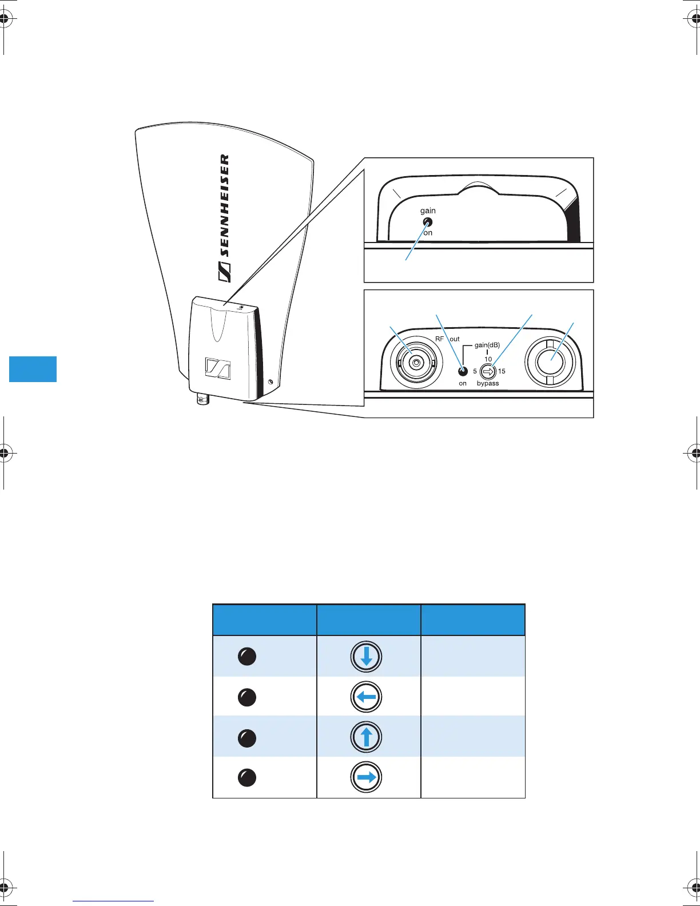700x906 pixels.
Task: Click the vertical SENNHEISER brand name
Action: pyautogui.click(x=225, y=217)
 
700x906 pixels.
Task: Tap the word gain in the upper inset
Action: pyautogui.click(x=428, y=211)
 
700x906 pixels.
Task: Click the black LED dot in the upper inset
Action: pyautogui.click(x=427, y=222)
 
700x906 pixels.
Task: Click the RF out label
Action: pyautogui.click(x=447, y=339)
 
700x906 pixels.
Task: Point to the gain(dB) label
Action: pyautogui.click(x=487, y=345)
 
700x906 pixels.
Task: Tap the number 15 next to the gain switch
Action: pyautogui.click(x=502, y=371)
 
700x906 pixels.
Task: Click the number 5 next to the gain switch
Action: pyautogui.click(x=475, y=371)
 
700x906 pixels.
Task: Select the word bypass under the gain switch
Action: pyautogui.click(x=488, y=383)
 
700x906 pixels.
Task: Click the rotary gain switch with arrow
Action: pyautogui.click(x=488, y=371)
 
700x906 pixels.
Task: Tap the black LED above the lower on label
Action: pyautogui.click(x=463, y=371)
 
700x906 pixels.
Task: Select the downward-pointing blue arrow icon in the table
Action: pyautogui.click(x=367, y=657)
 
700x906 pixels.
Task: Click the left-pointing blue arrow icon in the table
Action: pyautogui.click(x=367, y=697)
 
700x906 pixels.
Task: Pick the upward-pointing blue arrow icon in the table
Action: pyautogui.click(x=367, y=737)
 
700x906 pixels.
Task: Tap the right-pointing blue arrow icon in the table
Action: pyautogui.click(x=367, y=777)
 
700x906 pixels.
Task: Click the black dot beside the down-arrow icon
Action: pyautogui.click(x=246, y=657)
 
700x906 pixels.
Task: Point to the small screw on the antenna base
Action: pyautogui.click(x=271, y=381)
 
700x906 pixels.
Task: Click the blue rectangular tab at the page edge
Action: pyautogui.click(x=33, y=369)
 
